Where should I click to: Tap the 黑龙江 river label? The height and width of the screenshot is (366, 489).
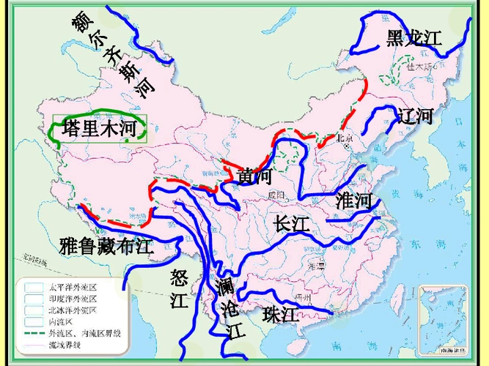[x=414, y=37]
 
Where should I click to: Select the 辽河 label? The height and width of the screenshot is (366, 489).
[x=415, y=115]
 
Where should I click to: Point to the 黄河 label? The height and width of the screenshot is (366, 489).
[x=254, y=176]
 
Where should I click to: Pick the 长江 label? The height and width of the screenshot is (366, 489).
[x=291, y=223]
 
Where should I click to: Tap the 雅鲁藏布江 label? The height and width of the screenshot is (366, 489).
[x=106, y=245]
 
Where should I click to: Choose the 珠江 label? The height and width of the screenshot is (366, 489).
[x=281, y=314]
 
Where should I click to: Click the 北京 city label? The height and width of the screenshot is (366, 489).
[x=345, y=138]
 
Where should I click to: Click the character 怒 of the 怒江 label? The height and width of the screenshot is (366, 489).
[x=179, y=277]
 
